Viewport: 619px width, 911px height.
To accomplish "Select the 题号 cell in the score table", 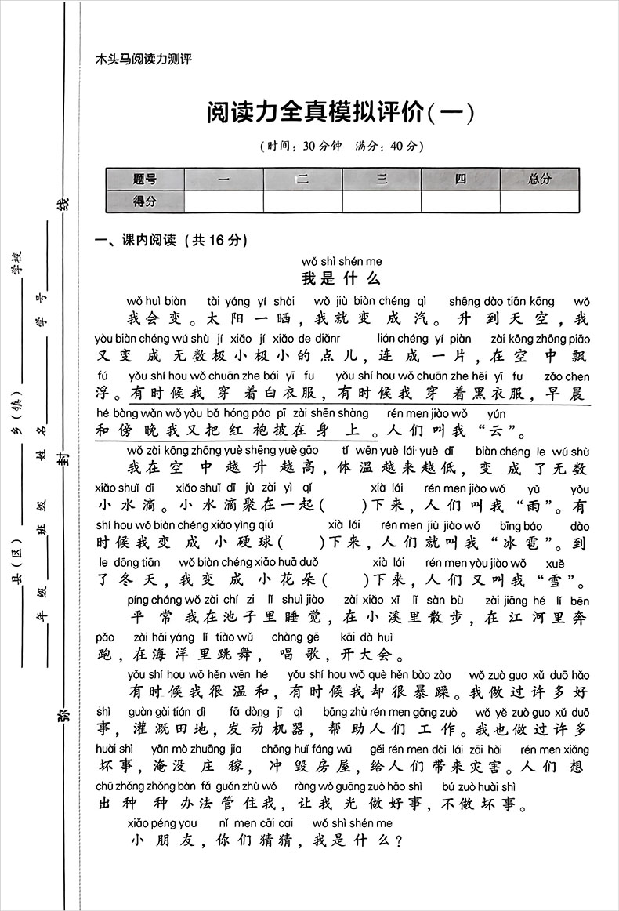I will point(145,179).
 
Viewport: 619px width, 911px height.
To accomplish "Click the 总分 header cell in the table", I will point(540,179).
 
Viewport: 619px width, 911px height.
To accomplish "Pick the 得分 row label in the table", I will point(145,201).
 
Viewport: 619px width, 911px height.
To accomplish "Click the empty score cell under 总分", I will point(540,201).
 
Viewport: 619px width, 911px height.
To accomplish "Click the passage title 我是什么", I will point(341,278).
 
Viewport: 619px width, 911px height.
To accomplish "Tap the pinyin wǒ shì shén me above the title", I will point(341,261).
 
